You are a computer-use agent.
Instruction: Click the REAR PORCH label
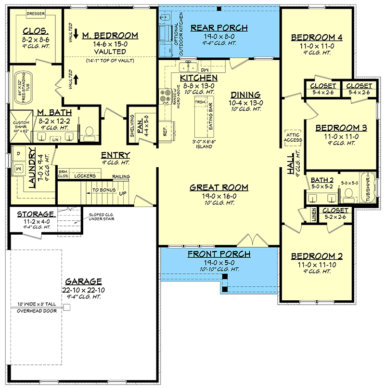[219, 27]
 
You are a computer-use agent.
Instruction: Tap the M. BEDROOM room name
[110, 36]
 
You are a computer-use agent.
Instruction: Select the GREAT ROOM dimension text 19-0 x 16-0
[219, 197]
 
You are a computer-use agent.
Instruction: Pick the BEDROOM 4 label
[317, 37]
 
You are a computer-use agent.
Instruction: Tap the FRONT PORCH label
[219, 254]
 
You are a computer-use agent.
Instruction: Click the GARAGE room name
[84, 281]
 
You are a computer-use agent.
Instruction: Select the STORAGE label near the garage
[35, 214]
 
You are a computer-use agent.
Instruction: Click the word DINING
[245, 95]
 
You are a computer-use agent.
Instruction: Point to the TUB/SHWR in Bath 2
[368, 188]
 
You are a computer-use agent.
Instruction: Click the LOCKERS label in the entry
[84, 176]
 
